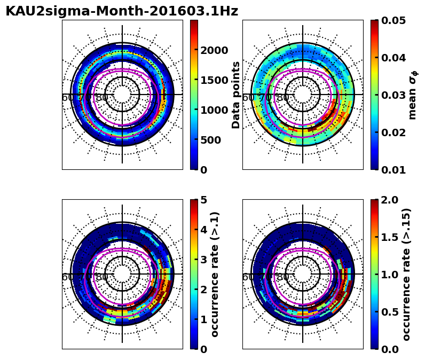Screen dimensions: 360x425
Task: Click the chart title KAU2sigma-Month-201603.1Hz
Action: click(x=122, y=11)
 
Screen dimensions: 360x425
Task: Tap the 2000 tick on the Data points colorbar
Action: click(x=214, y=50)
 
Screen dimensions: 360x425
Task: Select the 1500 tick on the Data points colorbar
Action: click(x=214, y=80)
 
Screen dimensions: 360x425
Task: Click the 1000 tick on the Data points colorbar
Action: click(x=214, y=110)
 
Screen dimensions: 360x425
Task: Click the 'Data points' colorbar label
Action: click(x=236, y=95)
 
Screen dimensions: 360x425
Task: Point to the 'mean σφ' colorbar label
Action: click(x=413, y=95)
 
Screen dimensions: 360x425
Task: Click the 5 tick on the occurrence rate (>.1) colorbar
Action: click(x=203, y=200)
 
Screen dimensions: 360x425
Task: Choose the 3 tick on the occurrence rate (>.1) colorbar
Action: click(x=203, y=260)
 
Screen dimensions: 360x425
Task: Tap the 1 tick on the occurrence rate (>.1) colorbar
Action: click(x=203, y=319)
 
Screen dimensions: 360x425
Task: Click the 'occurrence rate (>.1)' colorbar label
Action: click(x=215, y=274)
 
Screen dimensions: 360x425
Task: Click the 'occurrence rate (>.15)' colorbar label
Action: click(x=406, y=274)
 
